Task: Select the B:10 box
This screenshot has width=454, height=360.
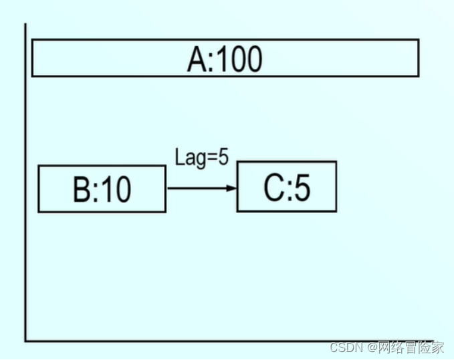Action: [x=102, y=189]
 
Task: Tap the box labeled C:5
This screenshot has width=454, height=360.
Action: [x=286, y=187]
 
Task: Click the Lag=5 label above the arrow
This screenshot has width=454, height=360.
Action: [x=201, y=158]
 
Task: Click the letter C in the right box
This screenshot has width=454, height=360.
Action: [x=273, y=188]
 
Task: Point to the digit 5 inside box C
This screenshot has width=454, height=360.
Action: [x=302, y=188]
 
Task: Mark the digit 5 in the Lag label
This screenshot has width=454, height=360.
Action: [x=223, y=158]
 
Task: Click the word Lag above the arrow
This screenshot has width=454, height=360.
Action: [x=188, y=158]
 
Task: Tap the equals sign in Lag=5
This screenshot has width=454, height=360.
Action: [x=211, y=158]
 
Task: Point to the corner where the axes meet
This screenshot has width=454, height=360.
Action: [x=26, y=341]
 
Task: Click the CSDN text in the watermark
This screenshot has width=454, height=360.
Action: [x=344, y=347]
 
